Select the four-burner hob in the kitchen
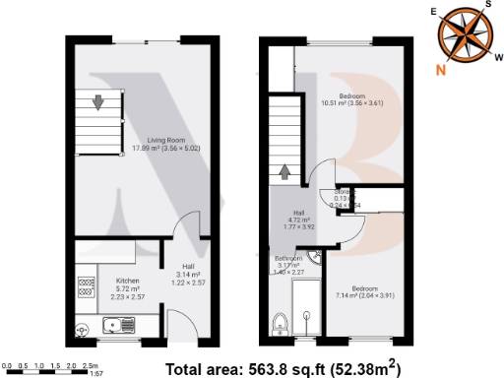(x=86, y=286)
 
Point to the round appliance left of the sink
(x=83, y=330)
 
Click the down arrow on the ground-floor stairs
(x=98, y=101)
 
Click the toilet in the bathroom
(x=281, y=325)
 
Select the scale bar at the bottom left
(x=49, y=366)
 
